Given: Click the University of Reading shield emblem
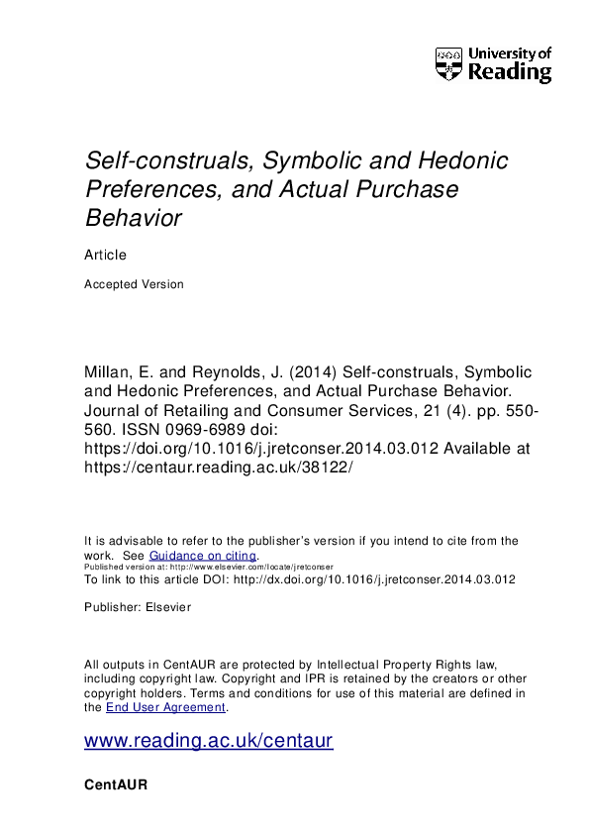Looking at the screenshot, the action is [x=448, y=63].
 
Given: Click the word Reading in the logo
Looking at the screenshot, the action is [x=509, y=72].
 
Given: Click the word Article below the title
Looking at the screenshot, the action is [x=106, y=256].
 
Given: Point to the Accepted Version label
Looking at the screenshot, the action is [x=135, y=284].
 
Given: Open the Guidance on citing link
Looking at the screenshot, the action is [x=203, y=557].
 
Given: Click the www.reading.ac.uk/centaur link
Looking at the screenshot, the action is [x=209, y=741].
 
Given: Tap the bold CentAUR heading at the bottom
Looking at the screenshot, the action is [x=118, y=784].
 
